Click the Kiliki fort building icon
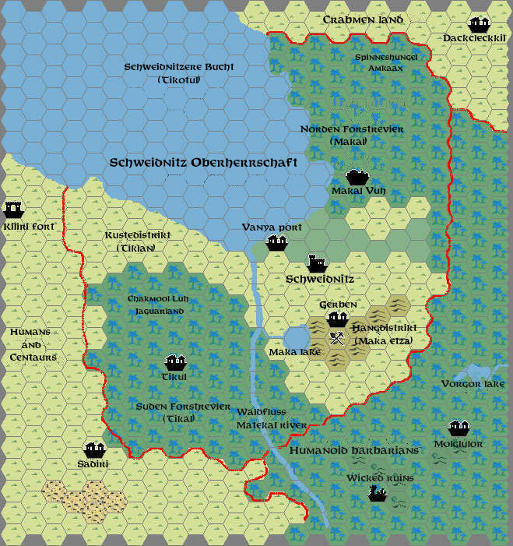tap(13, 209)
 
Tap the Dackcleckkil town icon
tap(478, 24)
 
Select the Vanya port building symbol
tap(278, 242)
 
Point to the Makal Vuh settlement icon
tap(357, 178)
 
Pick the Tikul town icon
tap(175, 362)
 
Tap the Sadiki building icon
tap(95, 449)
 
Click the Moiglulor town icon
tap(459, 428)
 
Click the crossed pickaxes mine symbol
tap(337, 339)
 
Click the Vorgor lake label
tap(473, 384)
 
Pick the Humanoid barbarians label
tap(354, 450)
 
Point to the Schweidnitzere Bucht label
tap(179, 67)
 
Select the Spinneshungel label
tap(386, 57)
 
